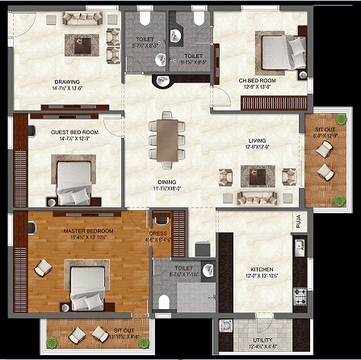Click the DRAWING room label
pyautogui.click(x=66, y=81)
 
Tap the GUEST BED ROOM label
pyautogui.click(x=73, y=132)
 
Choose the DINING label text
pyautogui.click(x=168, y=182)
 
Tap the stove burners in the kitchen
pyautogui.click(x=300, y=294)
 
